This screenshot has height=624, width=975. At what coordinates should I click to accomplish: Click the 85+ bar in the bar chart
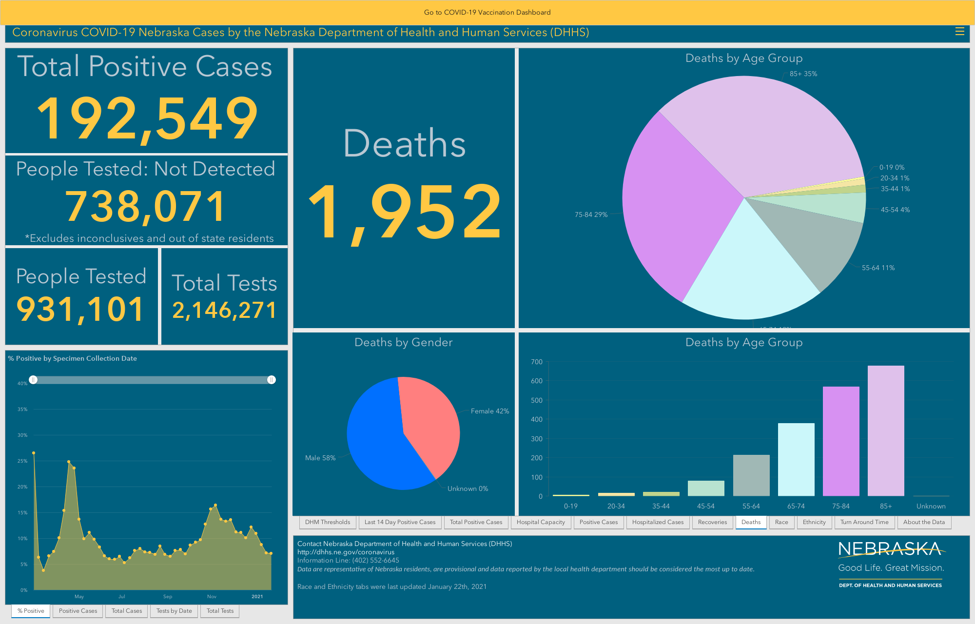[886, 431]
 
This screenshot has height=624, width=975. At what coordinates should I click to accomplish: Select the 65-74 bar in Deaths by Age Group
[796, 460]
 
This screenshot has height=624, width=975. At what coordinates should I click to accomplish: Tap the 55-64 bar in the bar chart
[751, 475]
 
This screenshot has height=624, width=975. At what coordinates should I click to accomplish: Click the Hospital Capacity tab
[541, 522]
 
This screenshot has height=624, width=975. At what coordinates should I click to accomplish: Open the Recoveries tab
[712, 522]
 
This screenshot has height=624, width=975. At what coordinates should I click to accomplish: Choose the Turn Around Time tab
[864, 522]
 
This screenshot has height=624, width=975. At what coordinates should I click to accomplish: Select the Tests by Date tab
[174, 611]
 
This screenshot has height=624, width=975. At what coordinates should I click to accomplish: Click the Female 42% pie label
[490, 411]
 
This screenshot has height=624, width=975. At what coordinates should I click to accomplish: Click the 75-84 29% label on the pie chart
[591, 214]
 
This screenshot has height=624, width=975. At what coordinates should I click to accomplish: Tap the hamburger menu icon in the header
[960, 32]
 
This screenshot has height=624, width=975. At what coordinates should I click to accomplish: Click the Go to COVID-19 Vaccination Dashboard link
[487, 12]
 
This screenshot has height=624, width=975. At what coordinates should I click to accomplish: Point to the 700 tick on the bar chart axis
[536, 362]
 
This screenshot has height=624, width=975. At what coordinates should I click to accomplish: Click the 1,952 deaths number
[405, 213]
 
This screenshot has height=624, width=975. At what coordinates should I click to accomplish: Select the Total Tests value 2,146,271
[224, 311]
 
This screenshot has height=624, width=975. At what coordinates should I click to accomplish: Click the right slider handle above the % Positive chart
[272, 380]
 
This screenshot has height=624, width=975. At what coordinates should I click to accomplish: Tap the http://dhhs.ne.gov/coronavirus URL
[346, 552]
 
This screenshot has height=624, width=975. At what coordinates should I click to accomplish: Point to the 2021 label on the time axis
[257, 596]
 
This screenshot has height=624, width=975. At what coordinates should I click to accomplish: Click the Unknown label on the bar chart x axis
[931, 507]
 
